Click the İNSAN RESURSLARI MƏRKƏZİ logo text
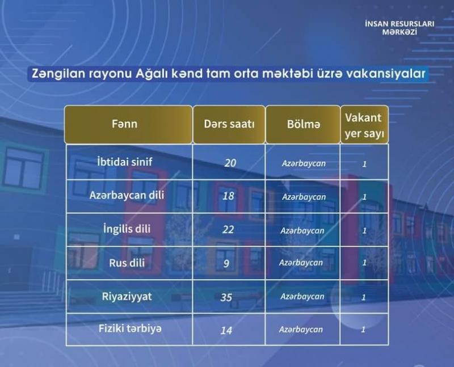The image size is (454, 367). click(x=400, y=28)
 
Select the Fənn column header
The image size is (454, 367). click(x=125, y=124)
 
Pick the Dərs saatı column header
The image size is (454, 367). click(x=229, y=124)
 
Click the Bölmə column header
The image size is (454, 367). click(x=304, y=124)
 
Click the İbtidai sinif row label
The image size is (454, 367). click(x=125, y=162)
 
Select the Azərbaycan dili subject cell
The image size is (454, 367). click(x=127, y=195)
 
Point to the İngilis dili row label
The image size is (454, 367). click(x=127, y=229)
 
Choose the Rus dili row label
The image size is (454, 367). click(x=127, y=263)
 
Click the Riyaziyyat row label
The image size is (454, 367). click(x=127, y=297)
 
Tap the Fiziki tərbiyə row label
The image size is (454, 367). click(x=130, y=328)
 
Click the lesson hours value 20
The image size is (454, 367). click(x=230, y=163)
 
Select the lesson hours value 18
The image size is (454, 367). click(x=228, y=196)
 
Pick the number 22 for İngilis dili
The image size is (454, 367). click(x=228, y=230)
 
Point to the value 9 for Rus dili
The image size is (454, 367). click(x=226, y=263)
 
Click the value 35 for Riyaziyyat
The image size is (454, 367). click(x=226, y=297)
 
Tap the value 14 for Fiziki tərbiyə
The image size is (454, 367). click(x=226, y=330)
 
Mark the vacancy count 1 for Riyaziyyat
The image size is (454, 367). click(x=364, y=297)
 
